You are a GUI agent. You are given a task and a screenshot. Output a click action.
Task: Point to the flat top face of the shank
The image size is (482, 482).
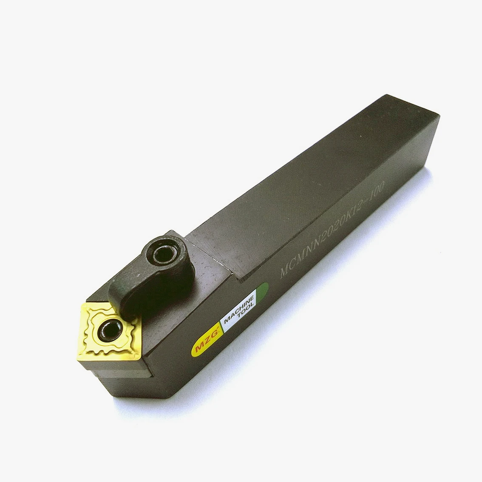click(x=298, y=179)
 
